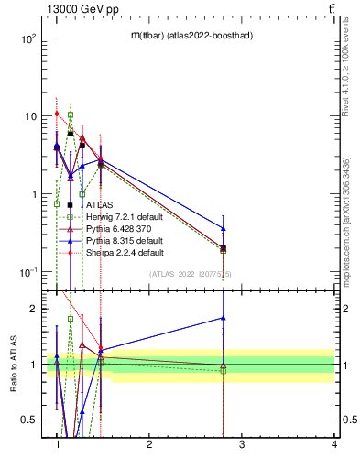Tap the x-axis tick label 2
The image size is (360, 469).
(149, 445)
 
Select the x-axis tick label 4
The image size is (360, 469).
(333, 445)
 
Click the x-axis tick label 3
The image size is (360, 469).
(242, 445)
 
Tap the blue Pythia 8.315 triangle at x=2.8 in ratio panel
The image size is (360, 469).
(224, 318)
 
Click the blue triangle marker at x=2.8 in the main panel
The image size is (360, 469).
(224, 228)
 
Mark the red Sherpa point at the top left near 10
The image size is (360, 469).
(57, 114)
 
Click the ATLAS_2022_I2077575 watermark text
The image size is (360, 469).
(191, 274)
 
